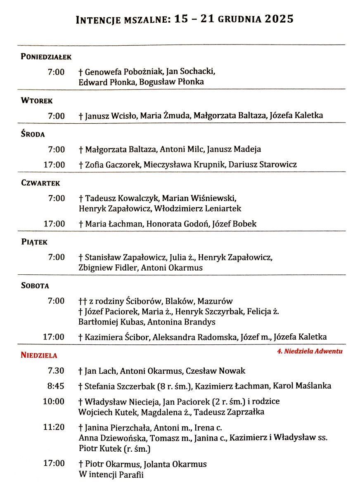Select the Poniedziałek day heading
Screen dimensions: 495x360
[x=46, y=57]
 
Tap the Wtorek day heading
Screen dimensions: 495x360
[x=37, y=100]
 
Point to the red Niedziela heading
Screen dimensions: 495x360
[x=39, y=355]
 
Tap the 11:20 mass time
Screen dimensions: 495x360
[x=54, y=427]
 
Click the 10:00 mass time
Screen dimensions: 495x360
[x=54, y=401]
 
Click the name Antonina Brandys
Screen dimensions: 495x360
[x=181, y=322]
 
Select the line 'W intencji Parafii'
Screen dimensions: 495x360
[x=111, y=474]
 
